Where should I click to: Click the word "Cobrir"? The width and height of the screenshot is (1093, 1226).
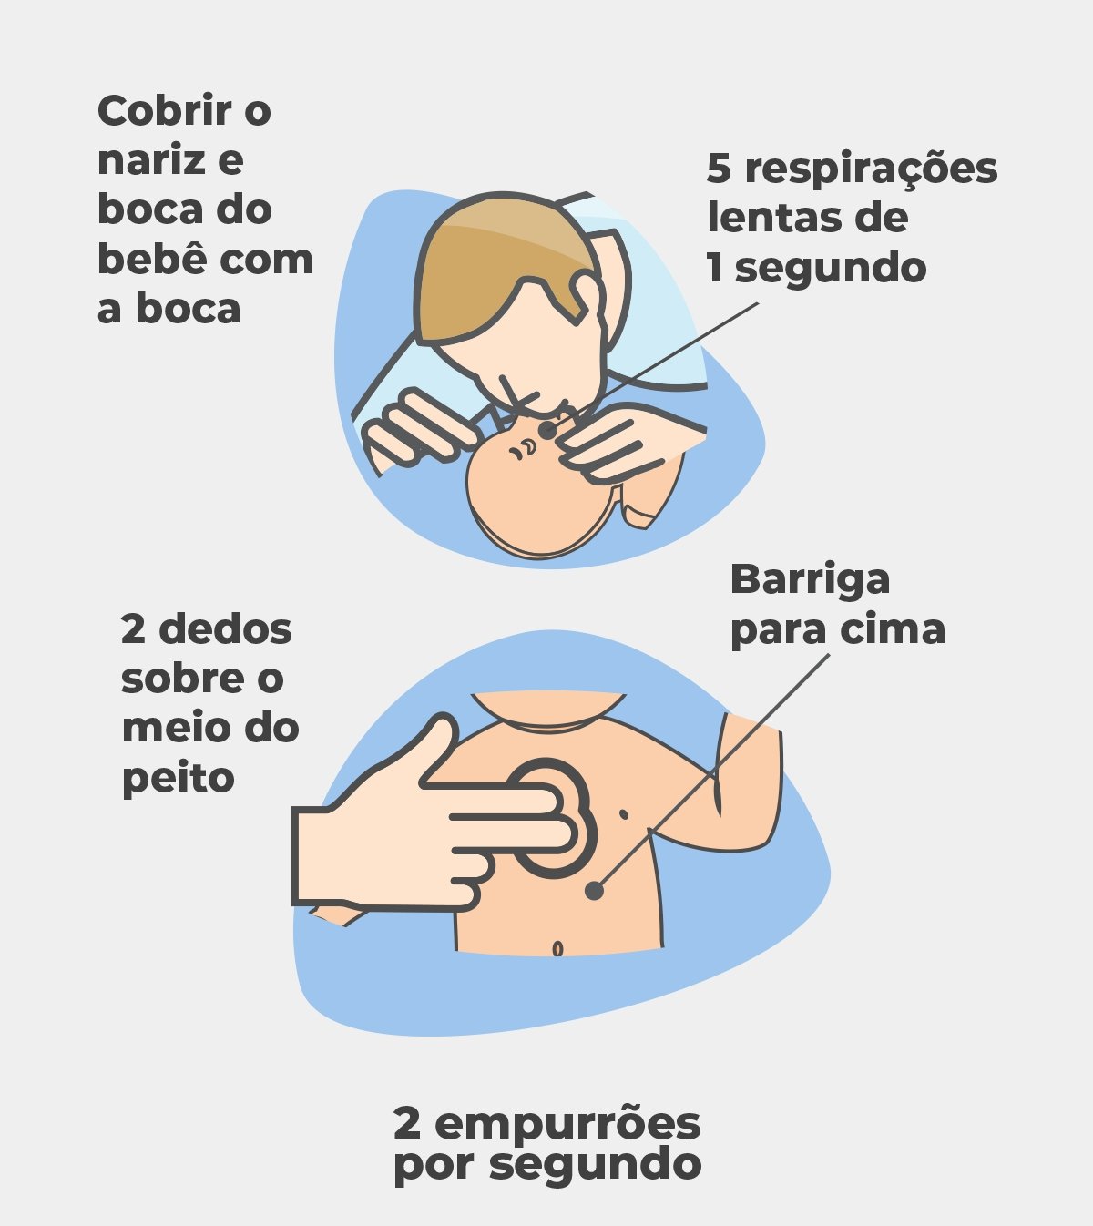pyautogui.click(x=165, y=111)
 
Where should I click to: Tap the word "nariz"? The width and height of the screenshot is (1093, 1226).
pyautogui.click(x=151, y=160)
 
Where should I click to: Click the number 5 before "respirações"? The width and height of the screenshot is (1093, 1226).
pyautogui.click(x=719, y=168)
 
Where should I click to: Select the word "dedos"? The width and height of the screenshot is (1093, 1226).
pyautogui.click(x=225, y=628)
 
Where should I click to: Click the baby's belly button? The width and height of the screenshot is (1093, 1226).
pyautogui.click(x=557, y=948)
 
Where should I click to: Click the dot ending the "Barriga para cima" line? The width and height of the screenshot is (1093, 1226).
pyautogui.click(x=594, y=891)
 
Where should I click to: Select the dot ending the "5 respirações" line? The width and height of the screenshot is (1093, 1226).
pyautogui.click(x=547, y=430)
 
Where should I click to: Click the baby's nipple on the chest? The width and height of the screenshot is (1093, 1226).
pyautogui.click(x=623, y=815)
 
